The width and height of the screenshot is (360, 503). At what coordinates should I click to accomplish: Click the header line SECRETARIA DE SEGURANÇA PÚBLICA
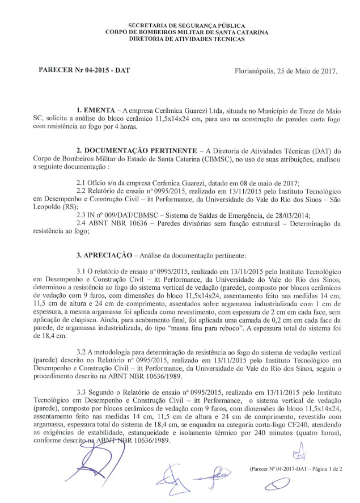pos(187,26)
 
